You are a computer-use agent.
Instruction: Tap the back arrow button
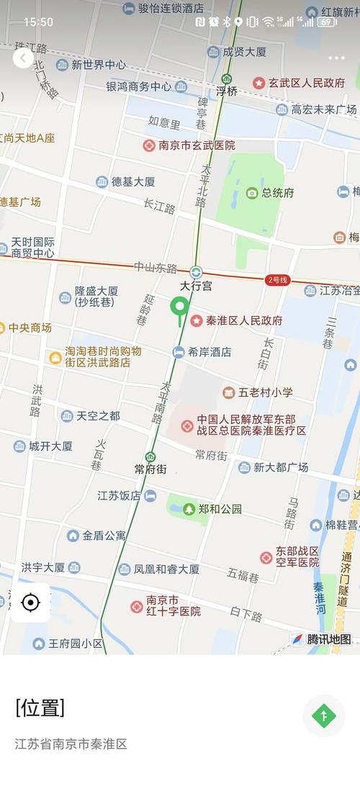point(23,58)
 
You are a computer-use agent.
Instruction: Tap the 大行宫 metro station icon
point(196,272)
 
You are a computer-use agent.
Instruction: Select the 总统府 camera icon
point(252,193)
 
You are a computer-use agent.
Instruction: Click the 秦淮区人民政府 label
point(244,320)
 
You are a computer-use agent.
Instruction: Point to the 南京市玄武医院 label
point(197,145)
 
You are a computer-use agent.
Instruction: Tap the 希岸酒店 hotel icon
point(179,352)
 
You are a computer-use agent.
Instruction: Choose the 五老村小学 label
point(266,392)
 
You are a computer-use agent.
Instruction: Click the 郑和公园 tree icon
point(189,509)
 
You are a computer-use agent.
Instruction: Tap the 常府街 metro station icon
point(150,457)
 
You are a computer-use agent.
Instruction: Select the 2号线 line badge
point(277,280)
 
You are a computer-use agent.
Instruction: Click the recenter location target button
point(31,602)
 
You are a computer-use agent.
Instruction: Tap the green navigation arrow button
point(324,716)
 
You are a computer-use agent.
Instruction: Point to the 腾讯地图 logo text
point(329,639)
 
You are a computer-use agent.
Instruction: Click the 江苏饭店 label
point(120,496)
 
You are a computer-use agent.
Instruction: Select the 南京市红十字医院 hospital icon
point(137,606)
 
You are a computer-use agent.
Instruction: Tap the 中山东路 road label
point(156,268)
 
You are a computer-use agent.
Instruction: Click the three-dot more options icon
point(336,58)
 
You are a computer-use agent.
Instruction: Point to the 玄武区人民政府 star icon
point(258,83)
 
